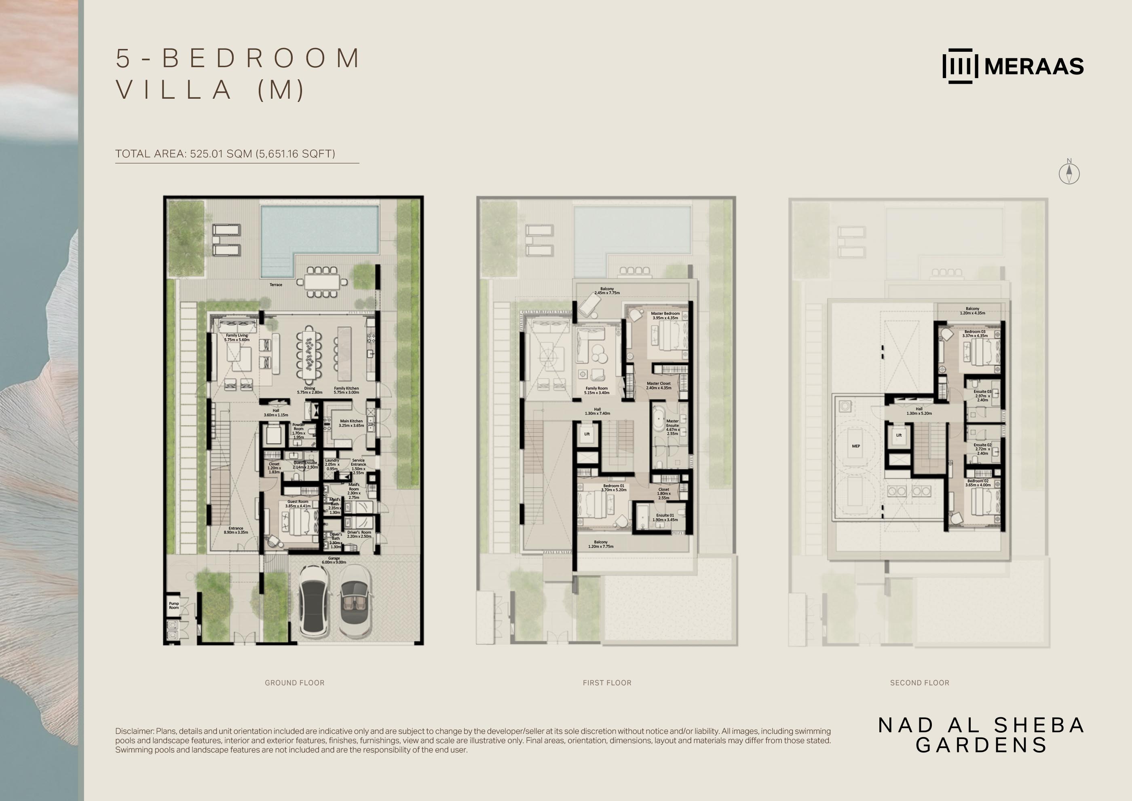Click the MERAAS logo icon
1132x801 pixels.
click(x=960, y=66)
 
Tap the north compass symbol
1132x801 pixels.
click(x=1069, y=173)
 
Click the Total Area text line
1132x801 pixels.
click(x=225, y=154)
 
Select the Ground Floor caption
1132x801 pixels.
click(x=294, y=682)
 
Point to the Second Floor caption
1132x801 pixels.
click(x=919, y=682)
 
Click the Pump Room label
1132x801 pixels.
click(x=174, y=605)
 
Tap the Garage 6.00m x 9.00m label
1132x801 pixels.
click(x=334, y=560)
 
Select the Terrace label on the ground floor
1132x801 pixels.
click(x=276, y=284)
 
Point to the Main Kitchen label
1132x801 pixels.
click(x=351, y=423)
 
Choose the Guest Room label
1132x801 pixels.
click(x=298, y=504)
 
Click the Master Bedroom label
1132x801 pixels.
click(x=665, y=316)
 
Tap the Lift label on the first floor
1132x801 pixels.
click(x=587, y=434)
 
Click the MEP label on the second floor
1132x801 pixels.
click(x=856, y=446)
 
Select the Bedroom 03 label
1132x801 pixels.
click(x=975, y=333)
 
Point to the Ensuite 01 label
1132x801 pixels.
click(x=665, y=517)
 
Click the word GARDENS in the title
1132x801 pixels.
click(x=981, y=745)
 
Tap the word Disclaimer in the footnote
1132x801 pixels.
click(x=134, y=731)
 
